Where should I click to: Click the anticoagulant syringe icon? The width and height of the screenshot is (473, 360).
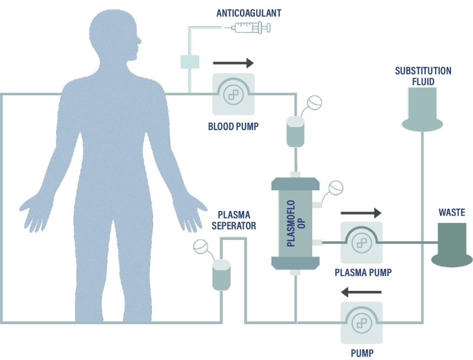pos(251,27)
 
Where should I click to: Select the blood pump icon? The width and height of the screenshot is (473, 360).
pos(234,95)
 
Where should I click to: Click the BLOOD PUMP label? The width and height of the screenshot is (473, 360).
pos(233,127)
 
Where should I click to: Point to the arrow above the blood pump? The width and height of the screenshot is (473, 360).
pos(233,62)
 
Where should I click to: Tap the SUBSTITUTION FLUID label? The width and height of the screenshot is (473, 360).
pos(423,76)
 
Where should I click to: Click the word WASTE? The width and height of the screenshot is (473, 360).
pos(452,212)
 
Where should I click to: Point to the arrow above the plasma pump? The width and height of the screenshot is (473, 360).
pos(361,212)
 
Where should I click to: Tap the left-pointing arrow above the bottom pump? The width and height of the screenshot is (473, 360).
pos(361,291)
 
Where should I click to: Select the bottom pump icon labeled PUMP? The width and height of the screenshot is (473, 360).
pos(361,323)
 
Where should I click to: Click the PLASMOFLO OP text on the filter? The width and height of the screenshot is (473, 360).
pos(294,223)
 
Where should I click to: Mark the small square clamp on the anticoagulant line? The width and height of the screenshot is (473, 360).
pos(190,61)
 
